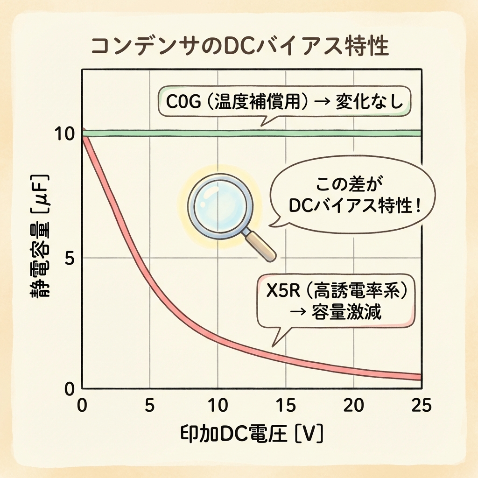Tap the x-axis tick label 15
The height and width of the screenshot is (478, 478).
click(x=285, y=405)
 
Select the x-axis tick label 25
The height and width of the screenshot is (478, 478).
click(x=421, y=405)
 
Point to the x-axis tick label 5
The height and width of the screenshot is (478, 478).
click(x=149, y=405)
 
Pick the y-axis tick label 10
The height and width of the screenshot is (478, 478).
click(x=64, y=134)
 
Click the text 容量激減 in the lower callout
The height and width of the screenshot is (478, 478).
click(x=345, y=312)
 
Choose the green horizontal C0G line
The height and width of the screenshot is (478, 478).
click(x=252, y=133)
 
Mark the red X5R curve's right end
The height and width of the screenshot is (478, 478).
click(x=419, y=377)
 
